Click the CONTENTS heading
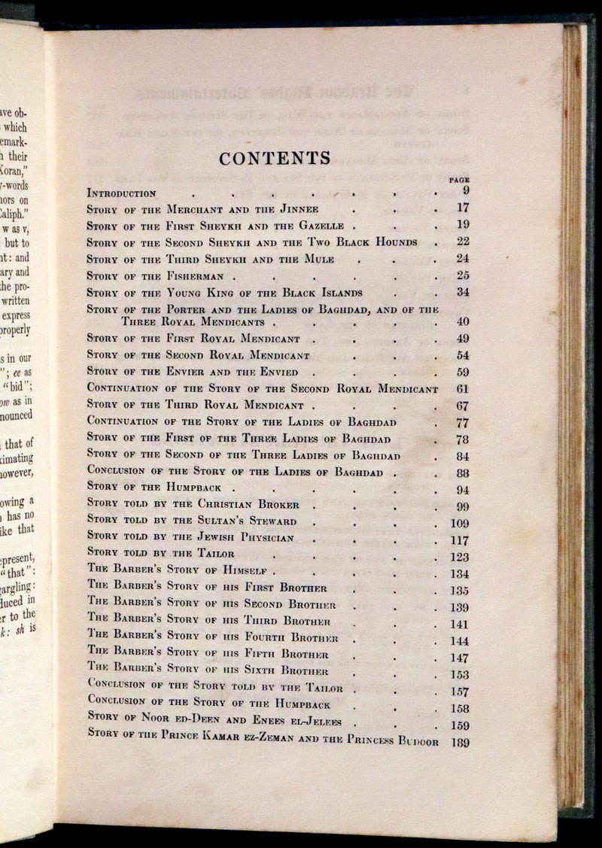coord(274,159)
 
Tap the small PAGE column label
coord(458,181)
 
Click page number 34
coord(461,292)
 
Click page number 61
coord(461,388)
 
